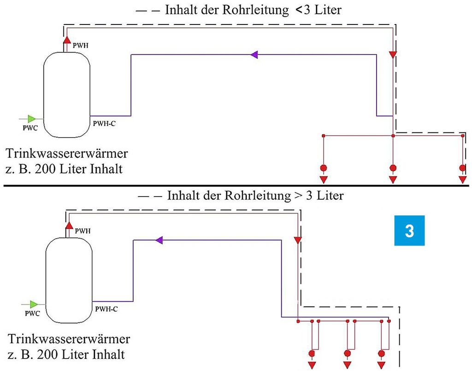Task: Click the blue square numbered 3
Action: pyautogui.click(x=409, y=231)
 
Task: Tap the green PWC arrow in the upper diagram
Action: pyautogui.click(x=31, y=119)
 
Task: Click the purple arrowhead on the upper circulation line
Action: pyautogui.click(x=254, y=54)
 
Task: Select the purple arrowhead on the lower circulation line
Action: pyautogui.click(x=159, y=239)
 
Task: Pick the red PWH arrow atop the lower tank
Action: pyautogui.click(x=69, y=225)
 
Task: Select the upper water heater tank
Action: pyautogui.click(x=66, y=94)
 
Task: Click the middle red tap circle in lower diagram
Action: pyautogui.click(x=348, y=353)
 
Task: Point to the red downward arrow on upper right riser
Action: pyautogui.click(x=393, y=55)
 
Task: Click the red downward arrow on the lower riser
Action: pyautogui.click(x=297, y=240)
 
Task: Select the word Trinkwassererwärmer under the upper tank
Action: pyautogui.click(x=66, y=153)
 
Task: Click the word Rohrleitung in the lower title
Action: pyautogui.click(x=254, y=195)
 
